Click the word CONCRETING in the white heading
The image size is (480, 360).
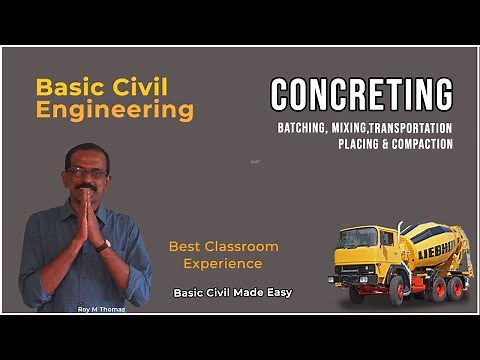[x=361, y=94]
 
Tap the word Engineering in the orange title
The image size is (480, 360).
[x=115, y=111]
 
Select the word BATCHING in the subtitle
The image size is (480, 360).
[x=307, y=128]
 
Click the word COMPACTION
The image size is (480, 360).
[x=423, y=144]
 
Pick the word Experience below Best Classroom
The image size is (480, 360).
[x=223, y=264]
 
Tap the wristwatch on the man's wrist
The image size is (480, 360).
[x=105, y=244]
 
